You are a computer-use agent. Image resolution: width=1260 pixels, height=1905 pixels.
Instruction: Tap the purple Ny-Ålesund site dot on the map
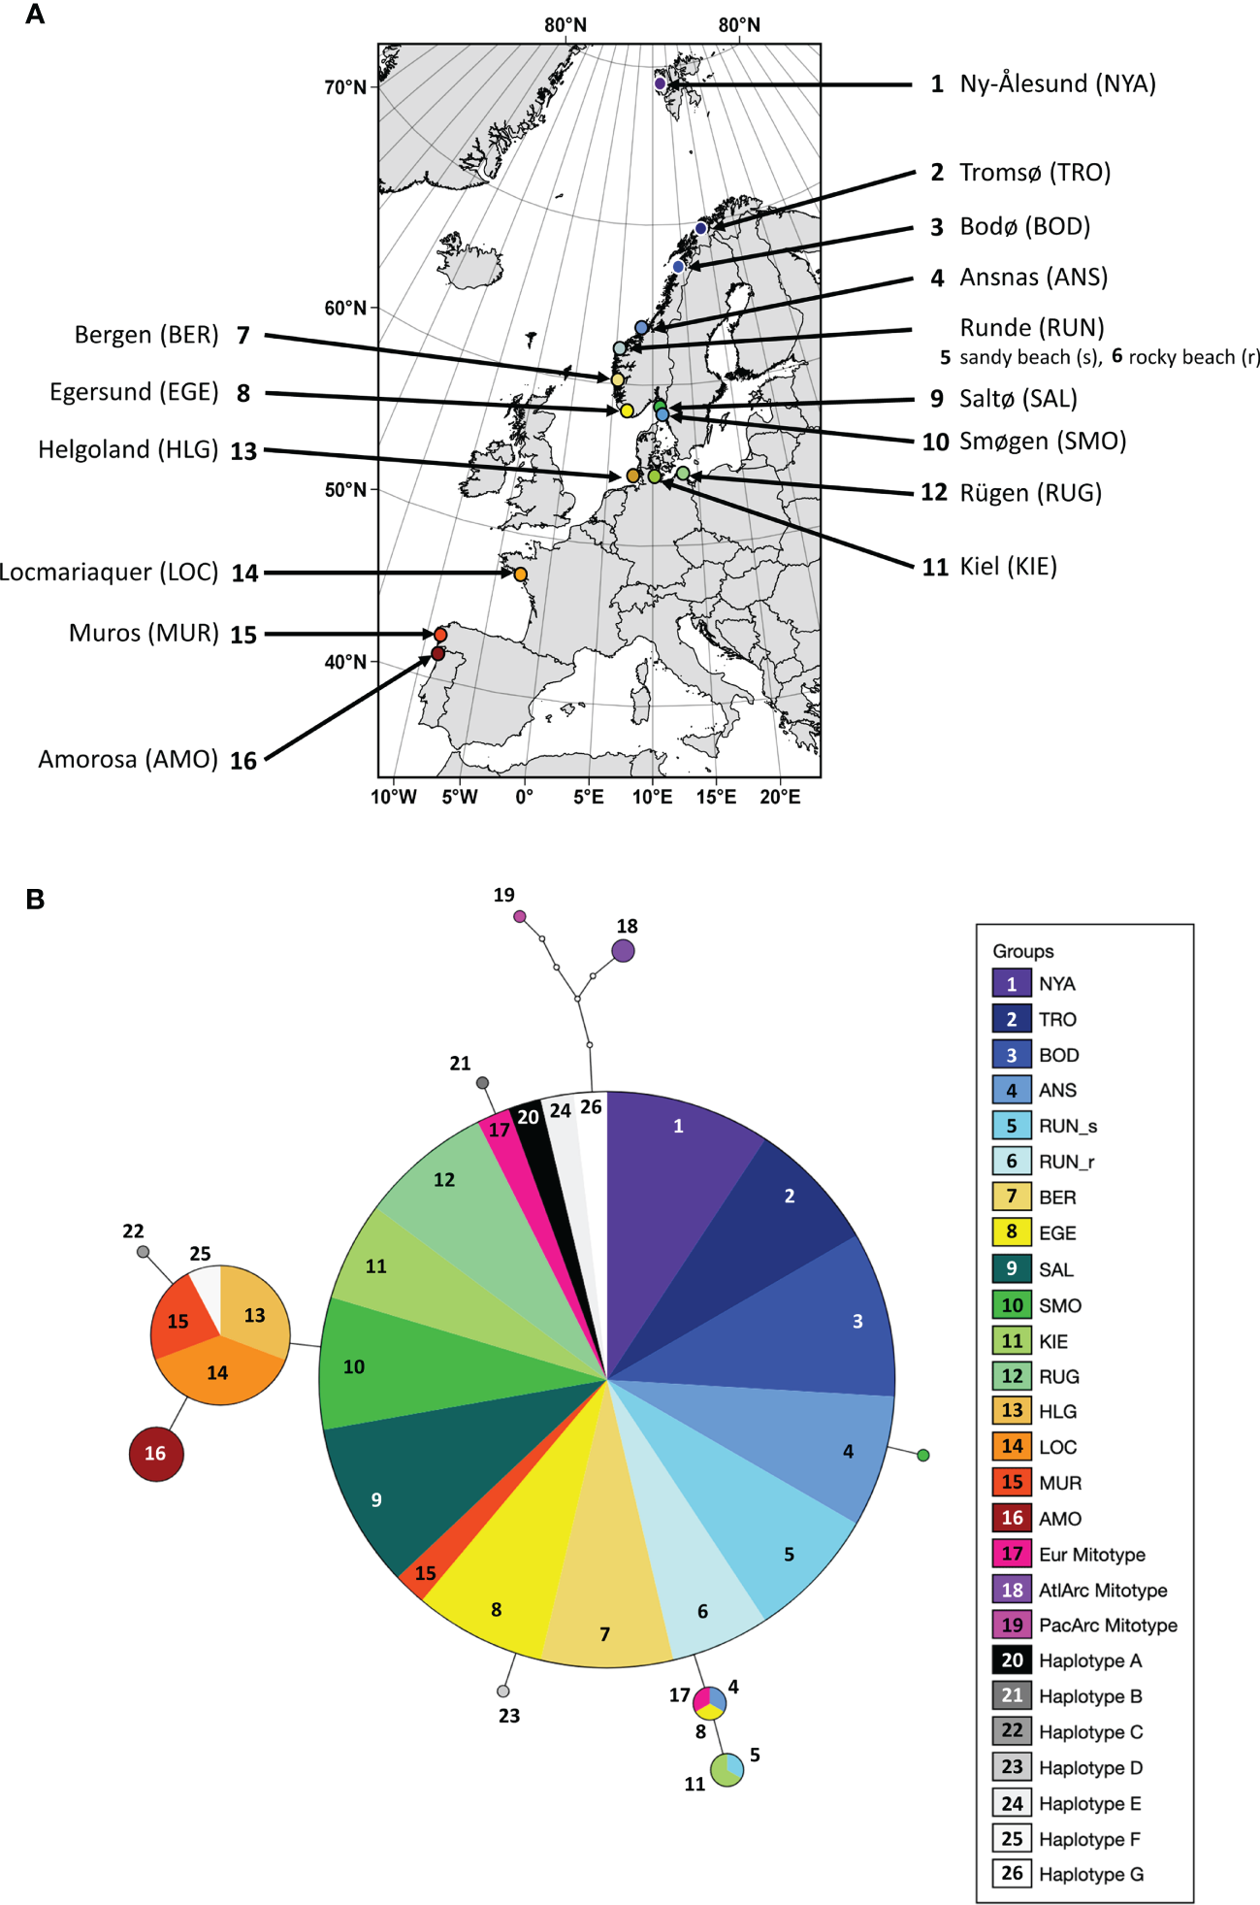[x=660, y=83]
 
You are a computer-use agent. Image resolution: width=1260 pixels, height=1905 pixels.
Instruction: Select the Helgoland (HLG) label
[x=128, y=450]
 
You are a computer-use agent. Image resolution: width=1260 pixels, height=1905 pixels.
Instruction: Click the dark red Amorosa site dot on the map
[x=437, y=653]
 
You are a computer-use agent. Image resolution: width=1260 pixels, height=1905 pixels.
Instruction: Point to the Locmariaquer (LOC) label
[x=109, y=573]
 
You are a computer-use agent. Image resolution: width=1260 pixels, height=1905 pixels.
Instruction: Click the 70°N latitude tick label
[x=345, y=87]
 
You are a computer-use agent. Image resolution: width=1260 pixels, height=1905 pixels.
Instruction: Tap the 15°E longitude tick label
[x=716, y=798]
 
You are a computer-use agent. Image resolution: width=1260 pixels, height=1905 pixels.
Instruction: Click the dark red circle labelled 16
[x=156, y=1453]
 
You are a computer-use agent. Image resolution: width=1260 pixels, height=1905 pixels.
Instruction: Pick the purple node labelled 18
[x=624, y=951]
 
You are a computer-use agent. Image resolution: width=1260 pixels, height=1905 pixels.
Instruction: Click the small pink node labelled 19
[x=520, y=916]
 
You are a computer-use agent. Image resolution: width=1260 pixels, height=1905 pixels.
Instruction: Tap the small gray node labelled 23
[x=502, y=1692]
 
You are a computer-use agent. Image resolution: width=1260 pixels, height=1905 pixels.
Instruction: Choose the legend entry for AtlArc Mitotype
[x=1102, y=1590]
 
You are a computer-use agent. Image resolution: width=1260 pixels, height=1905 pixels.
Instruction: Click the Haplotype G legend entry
[x=1090, y=1874]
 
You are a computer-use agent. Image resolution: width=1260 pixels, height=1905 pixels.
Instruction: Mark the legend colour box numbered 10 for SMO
[x=1012, y=1305]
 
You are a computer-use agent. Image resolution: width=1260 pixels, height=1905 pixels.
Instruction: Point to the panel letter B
[x=35, y=900]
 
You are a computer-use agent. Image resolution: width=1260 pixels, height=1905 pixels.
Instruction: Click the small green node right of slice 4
[x=923, y=1455]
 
